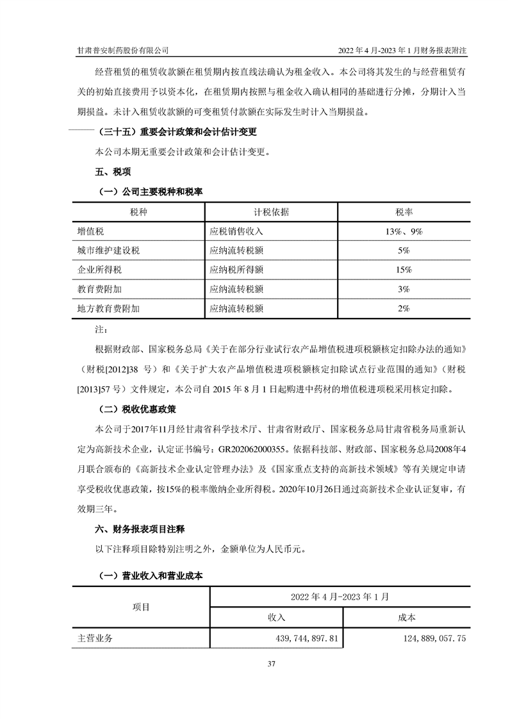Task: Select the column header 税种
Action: (x=138, y=212)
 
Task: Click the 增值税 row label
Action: (x=90, y=231)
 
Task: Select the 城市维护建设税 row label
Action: (x=108, y=251)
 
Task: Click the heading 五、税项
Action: (x=113, y=172)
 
